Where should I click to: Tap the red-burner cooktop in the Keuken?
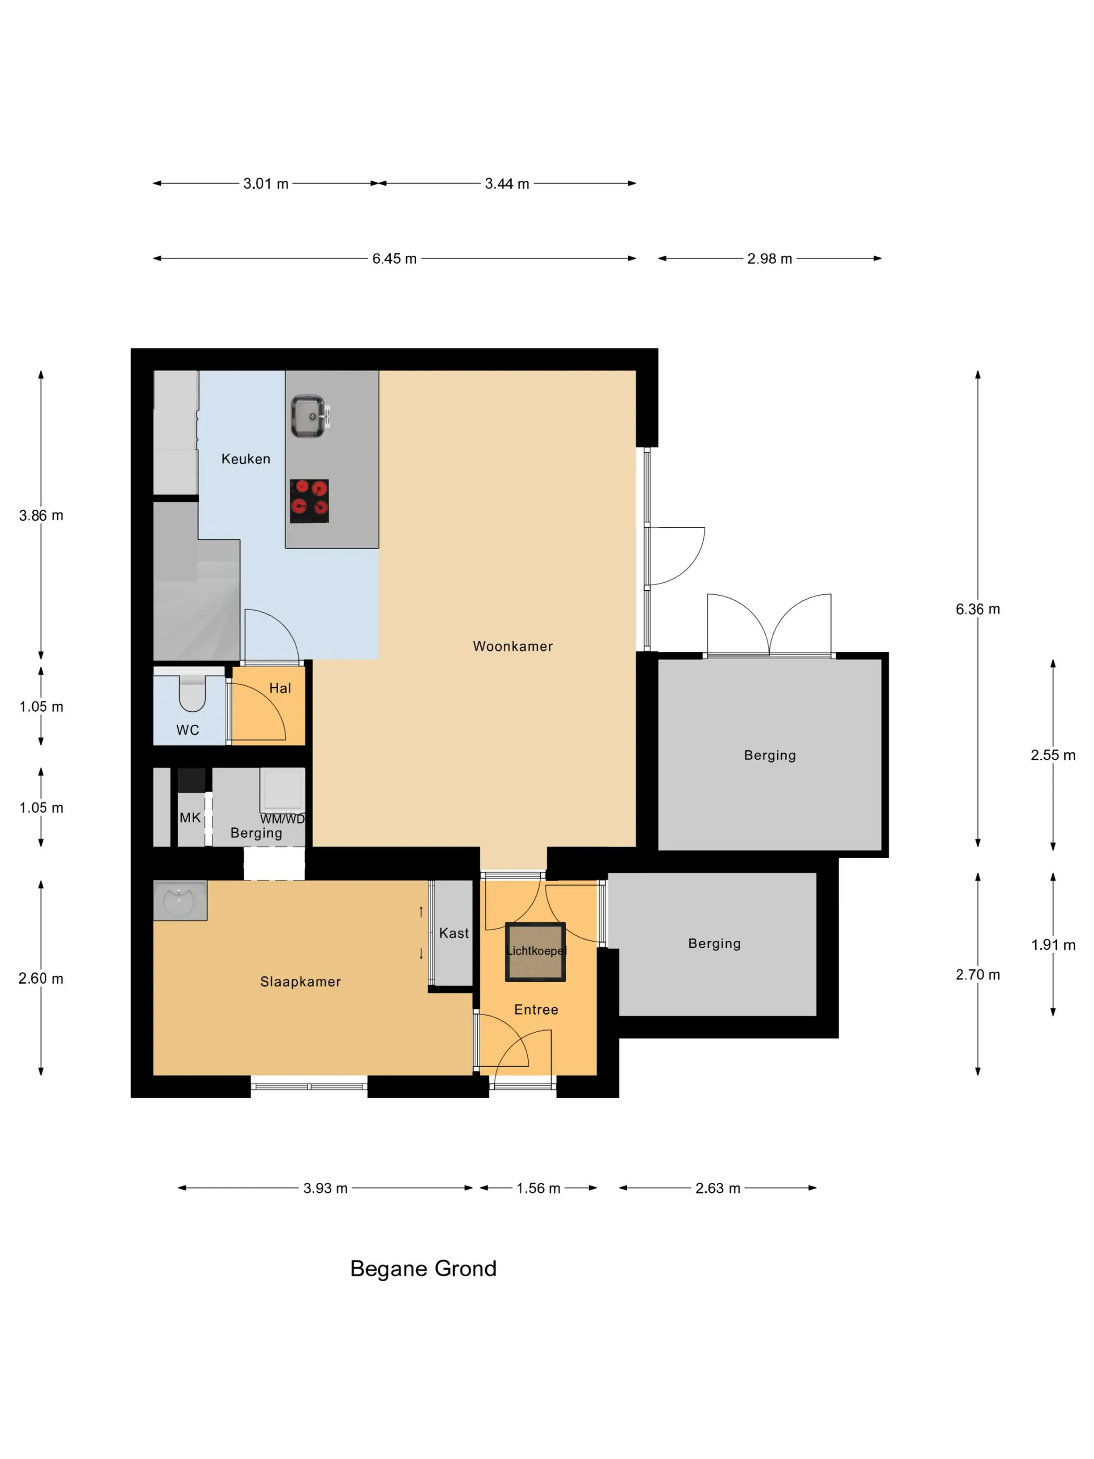309,501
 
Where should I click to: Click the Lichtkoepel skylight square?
535,952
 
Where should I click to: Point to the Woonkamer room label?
513,647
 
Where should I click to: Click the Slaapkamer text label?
300,982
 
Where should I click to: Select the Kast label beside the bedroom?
454,933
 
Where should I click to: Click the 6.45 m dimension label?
394,258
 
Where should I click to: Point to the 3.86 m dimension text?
41,515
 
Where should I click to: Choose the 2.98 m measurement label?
769,258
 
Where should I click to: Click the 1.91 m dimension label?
1053,945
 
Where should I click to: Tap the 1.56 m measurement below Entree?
538,1188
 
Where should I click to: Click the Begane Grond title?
424,1268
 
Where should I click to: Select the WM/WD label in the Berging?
282,819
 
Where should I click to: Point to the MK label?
190,818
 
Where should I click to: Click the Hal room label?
280,688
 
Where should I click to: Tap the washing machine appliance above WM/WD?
282,789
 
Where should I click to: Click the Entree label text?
536,1010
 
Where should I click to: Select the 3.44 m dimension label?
507,183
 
